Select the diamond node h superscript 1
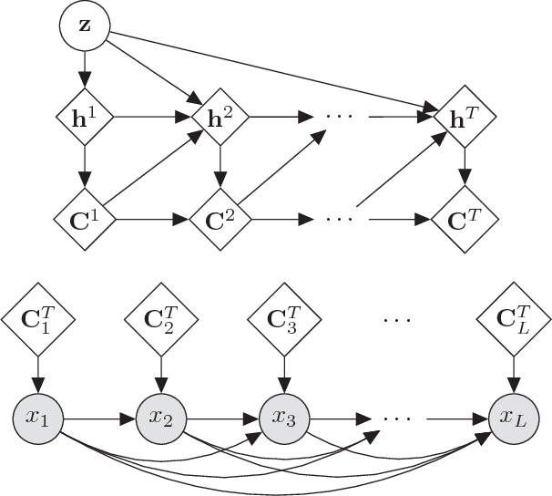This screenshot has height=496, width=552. coord(85,117)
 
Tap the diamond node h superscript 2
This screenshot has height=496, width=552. coord(219,117)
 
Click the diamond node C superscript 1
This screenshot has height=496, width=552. coord(85,220)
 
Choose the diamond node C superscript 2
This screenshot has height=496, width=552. coord(219,220)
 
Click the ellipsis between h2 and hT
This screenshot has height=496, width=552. coord(338,118)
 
